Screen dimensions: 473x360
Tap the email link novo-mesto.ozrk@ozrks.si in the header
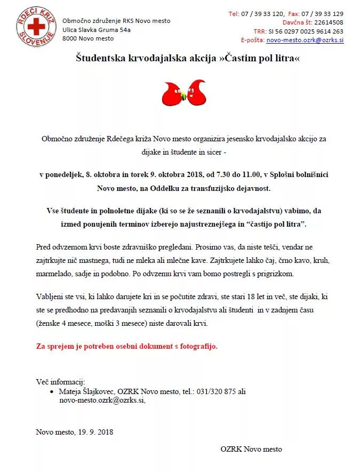305,40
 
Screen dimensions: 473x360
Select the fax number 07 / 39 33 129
323,14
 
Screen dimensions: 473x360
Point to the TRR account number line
298,31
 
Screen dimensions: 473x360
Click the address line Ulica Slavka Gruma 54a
96,30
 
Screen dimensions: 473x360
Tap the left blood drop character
172,94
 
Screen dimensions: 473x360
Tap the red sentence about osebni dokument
127,346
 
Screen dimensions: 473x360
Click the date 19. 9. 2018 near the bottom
94,432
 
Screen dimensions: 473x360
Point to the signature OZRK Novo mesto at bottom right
251,449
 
